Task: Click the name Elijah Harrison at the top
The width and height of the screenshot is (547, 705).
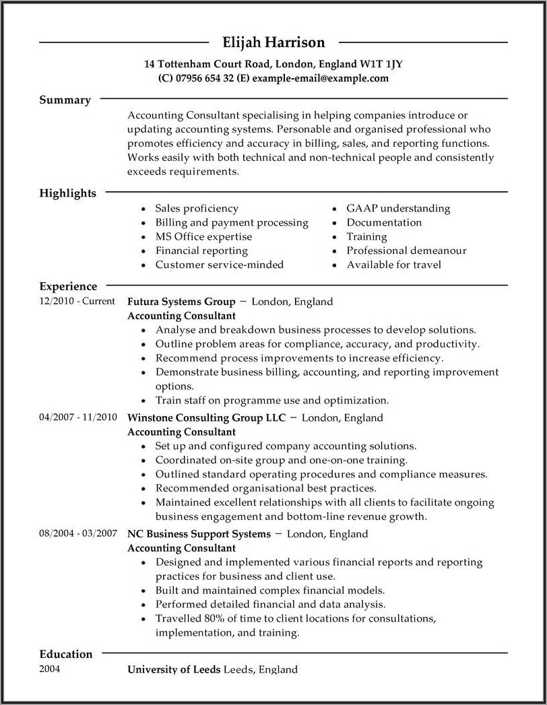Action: pos(273,42)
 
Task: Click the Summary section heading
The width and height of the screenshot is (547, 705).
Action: pos(65,100)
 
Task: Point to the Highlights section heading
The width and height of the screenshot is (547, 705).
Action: pos(67,193)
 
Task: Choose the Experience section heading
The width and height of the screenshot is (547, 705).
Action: pos(68,286)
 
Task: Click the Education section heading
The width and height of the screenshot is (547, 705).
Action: pos(65,654)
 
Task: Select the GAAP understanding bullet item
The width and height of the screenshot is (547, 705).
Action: pos(398,208)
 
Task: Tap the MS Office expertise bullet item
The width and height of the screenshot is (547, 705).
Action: pos(203,236)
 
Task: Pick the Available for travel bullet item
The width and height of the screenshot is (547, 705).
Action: pos(393,265)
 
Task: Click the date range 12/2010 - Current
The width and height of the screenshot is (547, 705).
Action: pos(77,301)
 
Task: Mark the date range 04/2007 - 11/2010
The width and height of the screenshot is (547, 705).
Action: pos(77,417)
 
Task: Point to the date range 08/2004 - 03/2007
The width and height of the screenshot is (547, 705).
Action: pos(77,533)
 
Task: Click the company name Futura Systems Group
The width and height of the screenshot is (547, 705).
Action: pos(181,301)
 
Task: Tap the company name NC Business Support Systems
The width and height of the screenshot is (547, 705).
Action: pos(199,534)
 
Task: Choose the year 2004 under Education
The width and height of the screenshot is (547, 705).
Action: pos(50,669)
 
